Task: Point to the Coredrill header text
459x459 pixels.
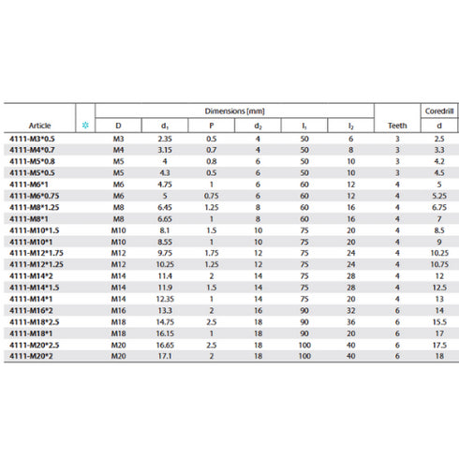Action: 438,111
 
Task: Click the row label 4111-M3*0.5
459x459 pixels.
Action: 29,138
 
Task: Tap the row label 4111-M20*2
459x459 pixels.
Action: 31,356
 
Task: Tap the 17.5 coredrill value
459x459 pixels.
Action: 438,347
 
